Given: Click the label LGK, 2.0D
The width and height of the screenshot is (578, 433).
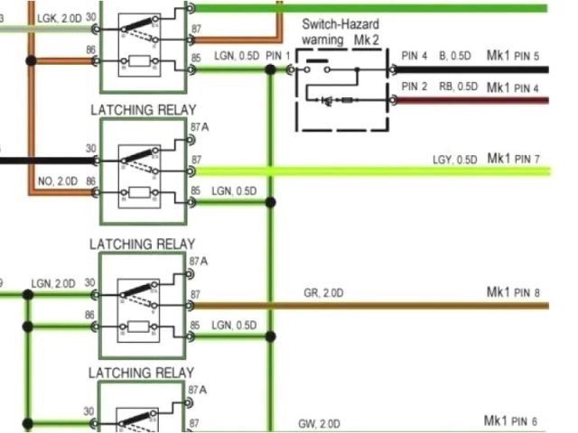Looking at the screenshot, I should coord(59,18).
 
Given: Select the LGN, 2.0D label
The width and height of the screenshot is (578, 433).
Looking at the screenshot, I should coord(53,282).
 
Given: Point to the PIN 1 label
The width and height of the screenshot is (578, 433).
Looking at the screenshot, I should coord(279,56).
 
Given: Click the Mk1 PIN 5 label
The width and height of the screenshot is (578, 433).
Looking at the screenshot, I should coord(513,56).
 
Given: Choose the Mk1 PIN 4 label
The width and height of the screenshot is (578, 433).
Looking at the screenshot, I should coord(513,88).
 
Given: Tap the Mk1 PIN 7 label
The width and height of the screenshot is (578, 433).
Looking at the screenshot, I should coord(513,160).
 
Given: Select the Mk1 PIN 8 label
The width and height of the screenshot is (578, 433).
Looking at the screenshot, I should coord(513,292).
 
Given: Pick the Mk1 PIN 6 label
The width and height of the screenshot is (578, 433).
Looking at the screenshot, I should coord(513,421).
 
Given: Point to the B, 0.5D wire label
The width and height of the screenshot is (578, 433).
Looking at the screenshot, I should coord(454,56).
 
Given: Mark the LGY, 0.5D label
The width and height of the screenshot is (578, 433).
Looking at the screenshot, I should coord(454,161).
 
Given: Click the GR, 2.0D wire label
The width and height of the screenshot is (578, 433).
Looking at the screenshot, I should coord(322,293).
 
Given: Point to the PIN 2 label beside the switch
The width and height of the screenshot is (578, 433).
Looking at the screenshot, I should coord(414,88).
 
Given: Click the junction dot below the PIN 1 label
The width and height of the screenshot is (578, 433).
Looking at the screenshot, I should coord(270,69).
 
